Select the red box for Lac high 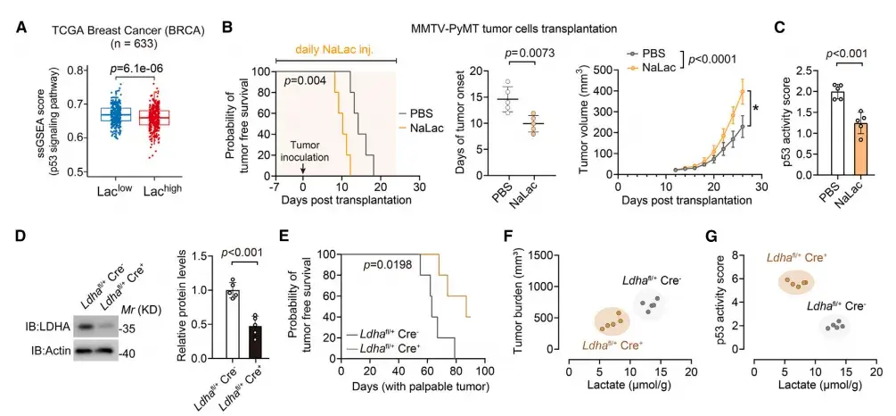[x=158, y=117]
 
